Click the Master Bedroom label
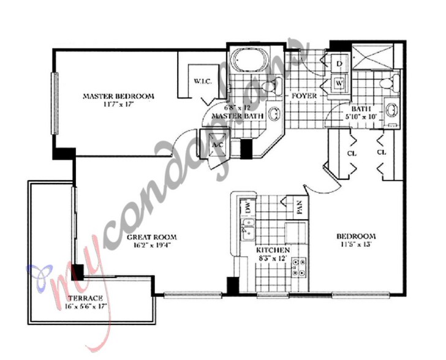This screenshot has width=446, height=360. (x=118, y=96)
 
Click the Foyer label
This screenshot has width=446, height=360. (x=303, y=97)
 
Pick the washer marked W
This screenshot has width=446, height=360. (x=339, y=81)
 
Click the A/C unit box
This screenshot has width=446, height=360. (x=217, y=145)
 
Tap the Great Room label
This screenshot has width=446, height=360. (x=152, y=238)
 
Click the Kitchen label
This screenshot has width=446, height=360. (x=273, y=251)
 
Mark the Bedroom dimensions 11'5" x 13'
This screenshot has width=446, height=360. (x=355, y=245)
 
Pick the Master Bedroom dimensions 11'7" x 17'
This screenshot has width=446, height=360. (x=118, y=105)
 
